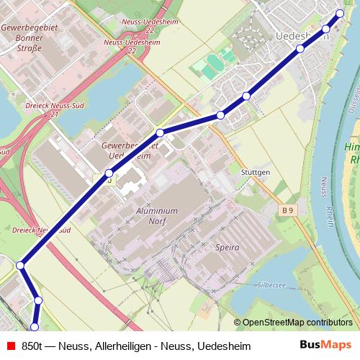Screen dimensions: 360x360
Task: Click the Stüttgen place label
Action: (x=256, y=173)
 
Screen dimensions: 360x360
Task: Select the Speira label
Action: (x=227, y=247)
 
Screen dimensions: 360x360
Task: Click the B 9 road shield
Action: (x=288, y=210)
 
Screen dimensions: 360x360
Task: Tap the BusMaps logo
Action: (x=325, y=345)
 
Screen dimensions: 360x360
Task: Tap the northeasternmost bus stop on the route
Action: (x=341, y=13)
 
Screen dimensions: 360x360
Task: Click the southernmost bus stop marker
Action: (x=34, y=328)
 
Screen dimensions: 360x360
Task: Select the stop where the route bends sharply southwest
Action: (x=21, y=266)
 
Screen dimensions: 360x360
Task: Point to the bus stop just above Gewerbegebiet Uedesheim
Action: (x=160, y=132)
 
